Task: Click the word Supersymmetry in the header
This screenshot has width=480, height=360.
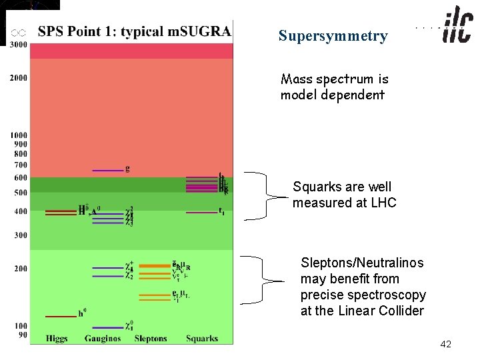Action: tap(333, 36)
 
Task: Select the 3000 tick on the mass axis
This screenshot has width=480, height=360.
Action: tap(19, 45)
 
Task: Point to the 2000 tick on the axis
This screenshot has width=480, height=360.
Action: tap(19, 78)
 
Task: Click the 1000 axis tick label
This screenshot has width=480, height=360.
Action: tap(19, 135)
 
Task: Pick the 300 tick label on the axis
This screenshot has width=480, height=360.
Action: tap(20, 235)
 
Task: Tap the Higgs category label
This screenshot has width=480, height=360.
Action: tap(56, 339)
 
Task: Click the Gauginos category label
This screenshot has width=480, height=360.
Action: tap(104, 339)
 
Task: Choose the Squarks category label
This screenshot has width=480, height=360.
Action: tap(202, 339)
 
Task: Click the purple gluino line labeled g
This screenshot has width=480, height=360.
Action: tap(107, 170)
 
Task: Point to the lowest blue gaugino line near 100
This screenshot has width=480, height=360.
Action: tap(107, 327)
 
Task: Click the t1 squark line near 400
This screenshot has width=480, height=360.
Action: tap(201, 213)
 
